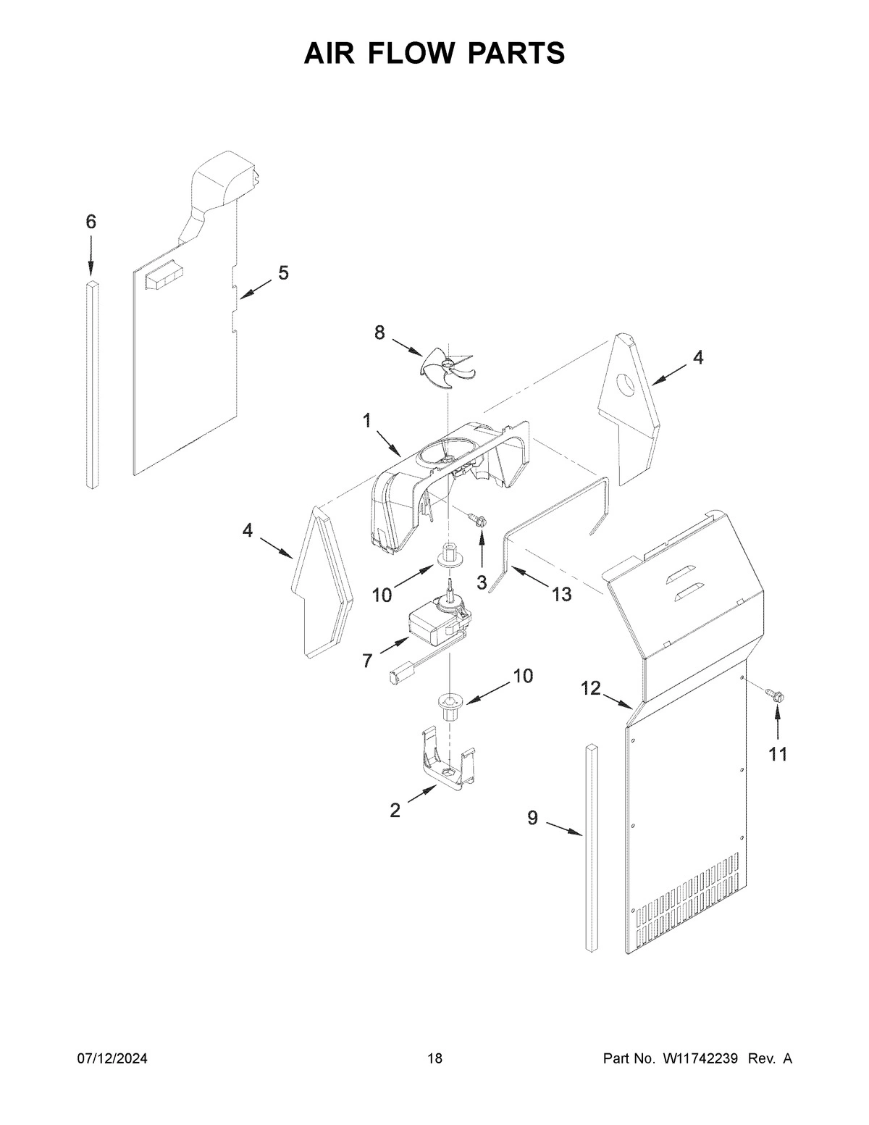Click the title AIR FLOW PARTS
(x=434, y=53)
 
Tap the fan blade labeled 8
(x=446, y=363)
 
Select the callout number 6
(x=91, y=222)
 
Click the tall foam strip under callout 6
(x=92, y=384)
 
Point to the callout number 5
(x=283, y=273)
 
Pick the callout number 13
(x=561, y=595)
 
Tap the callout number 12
(x=591, y=688)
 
